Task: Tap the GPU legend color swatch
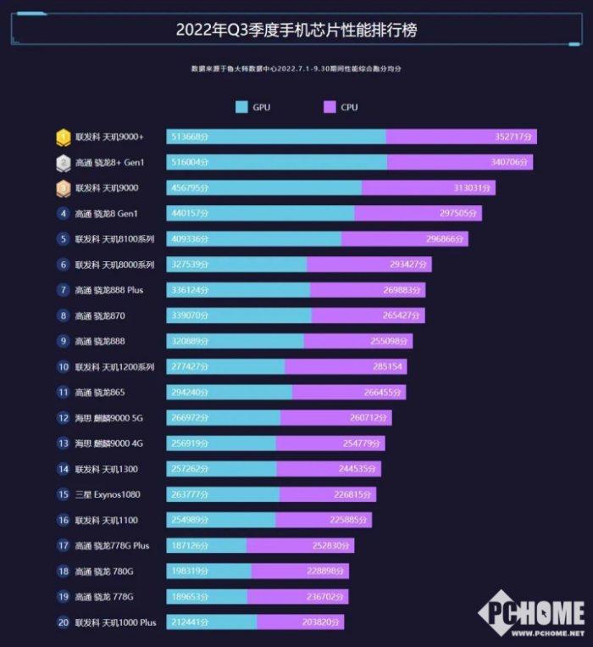241,107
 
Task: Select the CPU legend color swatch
330,107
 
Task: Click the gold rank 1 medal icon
64,137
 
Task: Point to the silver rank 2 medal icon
64,162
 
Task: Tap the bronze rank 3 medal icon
64,187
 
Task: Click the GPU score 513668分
190,137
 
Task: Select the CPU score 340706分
510,162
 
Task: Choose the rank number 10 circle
64,367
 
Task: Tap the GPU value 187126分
190,546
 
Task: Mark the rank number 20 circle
64,622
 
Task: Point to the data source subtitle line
296,68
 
